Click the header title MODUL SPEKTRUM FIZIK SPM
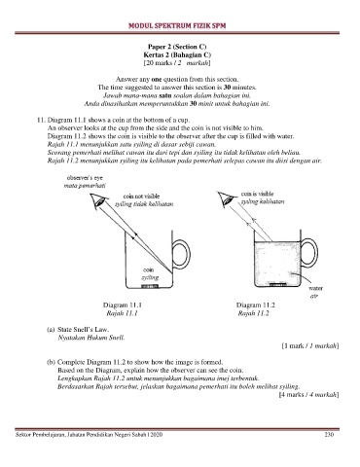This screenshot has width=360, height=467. pos(177,25)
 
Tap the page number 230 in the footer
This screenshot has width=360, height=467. pos(329,435)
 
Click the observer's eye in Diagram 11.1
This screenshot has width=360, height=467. pos(98,201)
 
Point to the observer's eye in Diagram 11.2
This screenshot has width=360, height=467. pos(226,198)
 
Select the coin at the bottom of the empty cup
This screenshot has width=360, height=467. pos(150,286)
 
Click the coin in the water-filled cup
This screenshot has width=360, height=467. pos(277,285)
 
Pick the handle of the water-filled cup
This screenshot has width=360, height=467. pos(310,254)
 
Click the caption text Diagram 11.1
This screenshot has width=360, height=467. pos(123,305)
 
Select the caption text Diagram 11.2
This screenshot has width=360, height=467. pos(256,305)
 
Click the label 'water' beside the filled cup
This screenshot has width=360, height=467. pos(315,288)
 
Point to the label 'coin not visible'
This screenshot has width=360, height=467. pos(141,197)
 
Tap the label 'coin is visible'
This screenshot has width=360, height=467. pos(257,194)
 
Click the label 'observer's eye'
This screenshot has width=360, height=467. pos(85,178)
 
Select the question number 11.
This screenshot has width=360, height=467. pos(41,120)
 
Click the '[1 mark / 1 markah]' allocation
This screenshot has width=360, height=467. pos(310,346)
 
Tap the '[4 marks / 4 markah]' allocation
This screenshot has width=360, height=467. pos(309,395)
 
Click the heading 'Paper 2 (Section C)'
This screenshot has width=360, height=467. pos(177,47)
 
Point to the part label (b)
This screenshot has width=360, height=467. pos(52,362)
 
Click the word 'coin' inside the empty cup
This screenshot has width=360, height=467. pos(149,269)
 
